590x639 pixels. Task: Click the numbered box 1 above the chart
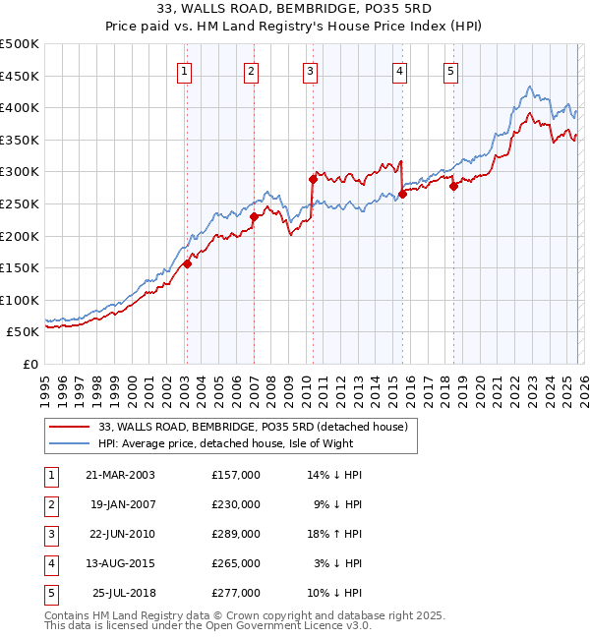pyautogui.click(x=185, y=70)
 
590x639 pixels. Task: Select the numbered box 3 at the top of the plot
pyautogui.click(x=310, y=70)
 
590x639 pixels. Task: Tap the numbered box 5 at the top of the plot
pyautogui.click(x=450, y=70)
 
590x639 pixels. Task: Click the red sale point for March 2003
pyautogui.click(x=187, y=263)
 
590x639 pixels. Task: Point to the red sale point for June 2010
pyautogui.click(x=313, y=179)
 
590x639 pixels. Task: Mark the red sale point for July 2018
pyautogui.click(x=453, y=186)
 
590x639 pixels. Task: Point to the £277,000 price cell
pyautogui.click(x=236, y=593)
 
